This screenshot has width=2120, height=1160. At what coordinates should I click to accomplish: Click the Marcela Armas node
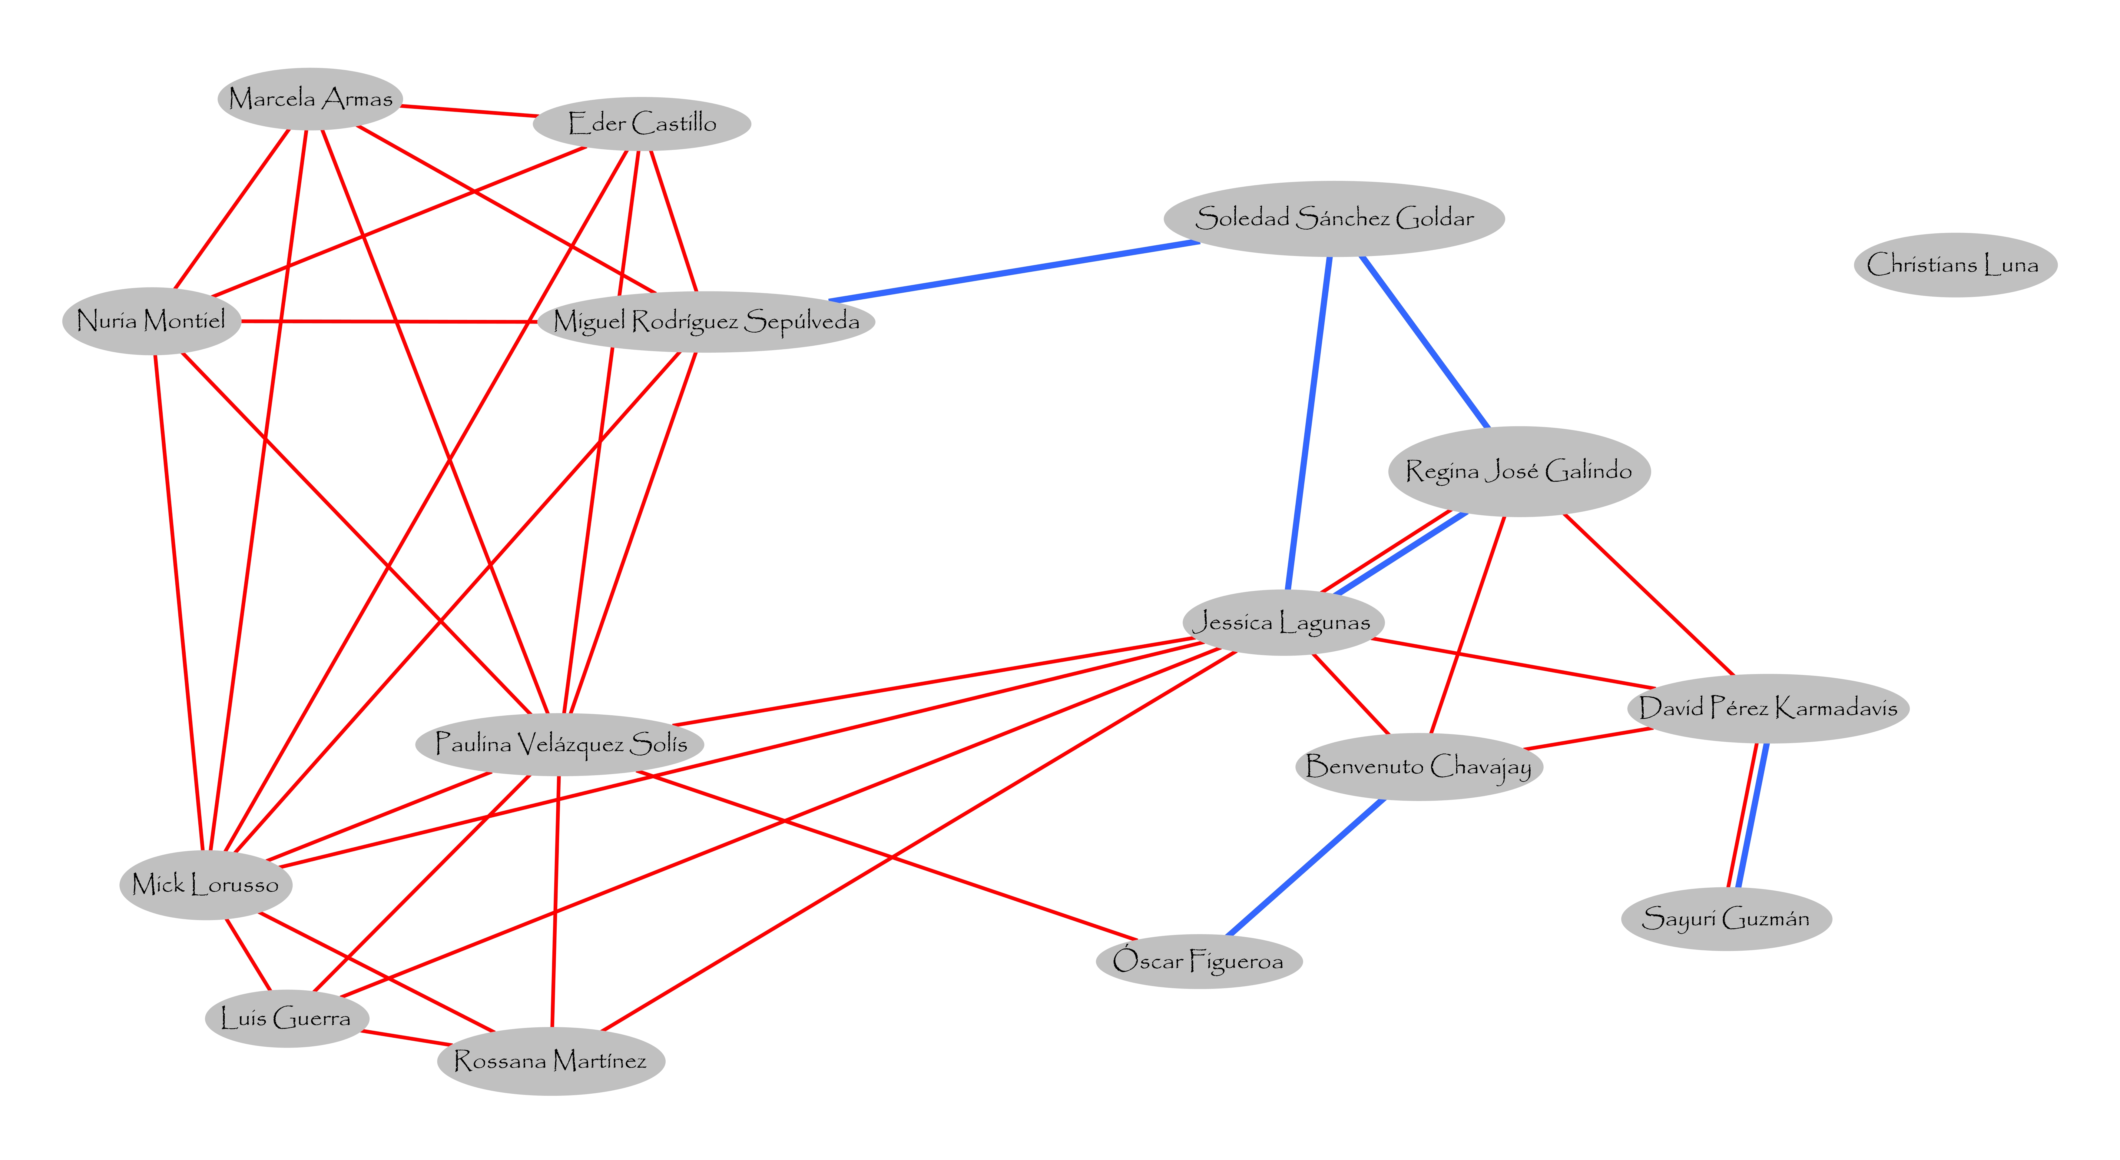310,99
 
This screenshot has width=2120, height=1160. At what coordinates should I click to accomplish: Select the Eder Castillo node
642,124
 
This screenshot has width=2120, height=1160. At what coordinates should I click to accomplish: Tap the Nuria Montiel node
151,320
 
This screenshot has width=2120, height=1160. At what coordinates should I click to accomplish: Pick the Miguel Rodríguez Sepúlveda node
706,321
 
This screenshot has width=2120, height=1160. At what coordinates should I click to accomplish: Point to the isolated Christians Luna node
1955,265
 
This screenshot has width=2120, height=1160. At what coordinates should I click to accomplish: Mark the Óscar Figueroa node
1198,961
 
